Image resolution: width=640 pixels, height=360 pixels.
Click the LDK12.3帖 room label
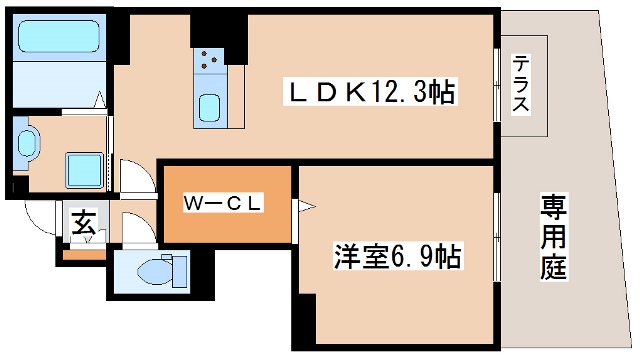tap(373, 93)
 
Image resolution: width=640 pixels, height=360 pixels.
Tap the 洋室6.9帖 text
tap(397, 257)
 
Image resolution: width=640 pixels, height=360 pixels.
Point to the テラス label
tap(523, 85)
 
